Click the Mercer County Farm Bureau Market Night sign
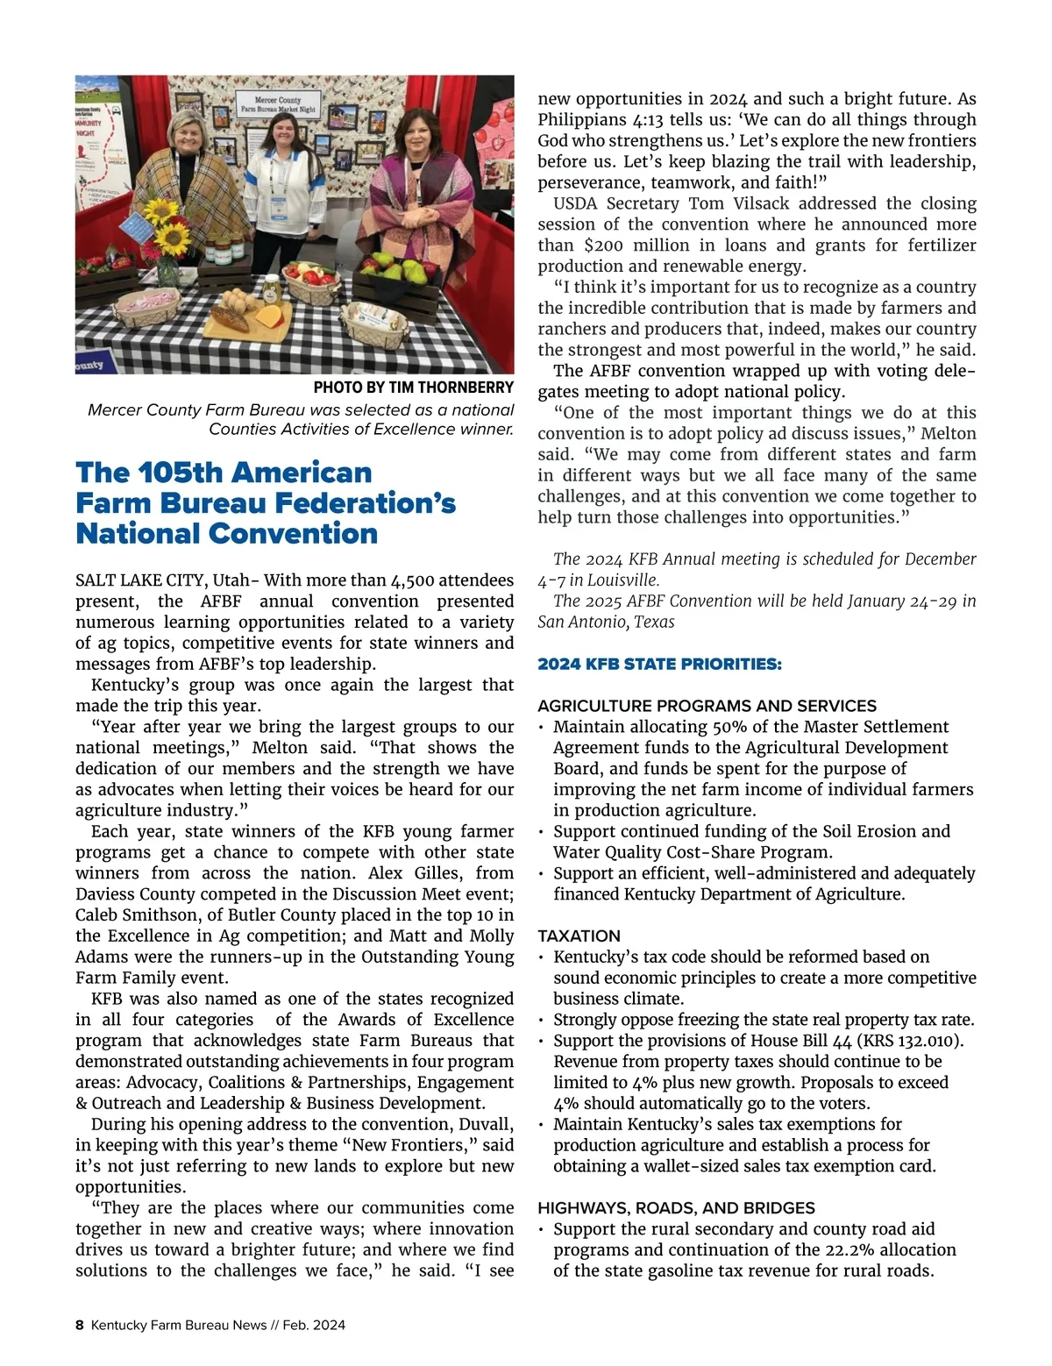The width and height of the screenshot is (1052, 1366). [278, 105]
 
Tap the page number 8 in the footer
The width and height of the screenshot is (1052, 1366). [80, 1325]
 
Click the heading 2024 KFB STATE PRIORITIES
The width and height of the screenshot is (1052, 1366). [659, 664]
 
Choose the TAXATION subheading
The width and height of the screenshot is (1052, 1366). [579, 936]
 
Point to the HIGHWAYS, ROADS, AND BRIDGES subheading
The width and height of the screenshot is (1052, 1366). [676, 1207]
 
